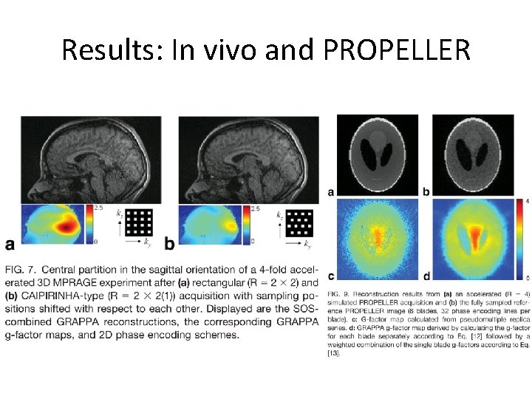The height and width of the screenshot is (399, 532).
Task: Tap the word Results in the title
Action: tap(112, 50)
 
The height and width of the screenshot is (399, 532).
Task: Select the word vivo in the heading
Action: tap(245, 50)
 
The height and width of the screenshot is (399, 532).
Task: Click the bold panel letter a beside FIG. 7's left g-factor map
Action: tap(10, 244)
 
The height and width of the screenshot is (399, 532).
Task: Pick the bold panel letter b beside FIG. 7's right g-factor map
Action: tap(169, 244)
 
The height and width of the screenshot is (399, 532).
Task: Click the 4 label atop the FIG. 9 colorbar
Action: tap(525, 201)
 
